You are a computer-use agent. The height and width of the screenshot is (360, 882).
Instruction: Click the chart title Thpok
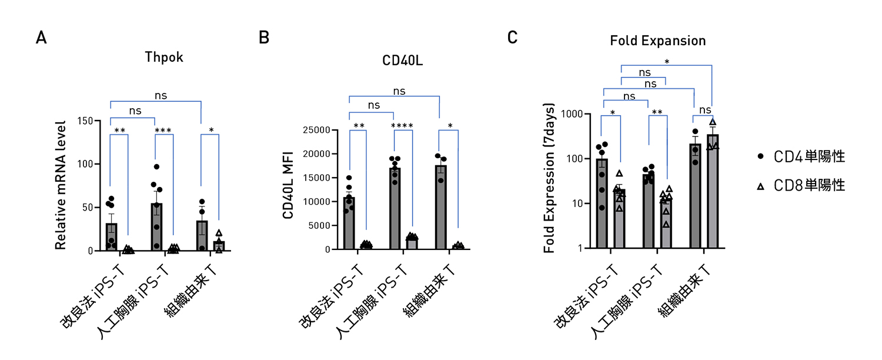[x=164, y=58]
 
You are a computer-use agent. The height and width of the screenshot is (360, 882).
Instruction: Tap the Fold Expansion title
[x=657, y=41]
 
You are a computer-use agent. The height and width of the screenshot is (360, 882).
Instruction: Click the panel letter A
[x=41, y=38]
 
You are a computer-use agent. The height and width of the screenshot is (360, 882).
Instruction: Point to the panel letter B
[x=264, y=38]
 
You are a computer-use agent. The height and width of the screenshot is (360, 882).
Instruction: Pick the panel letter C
[x=513, y=38]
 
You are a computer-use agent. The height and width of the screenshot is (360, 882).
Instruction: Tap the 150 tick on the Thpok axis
[x=86, y=121]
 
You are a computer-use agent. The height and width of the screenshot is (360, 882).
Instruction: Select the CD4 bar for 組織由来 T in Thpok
[x=202, y=235]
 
